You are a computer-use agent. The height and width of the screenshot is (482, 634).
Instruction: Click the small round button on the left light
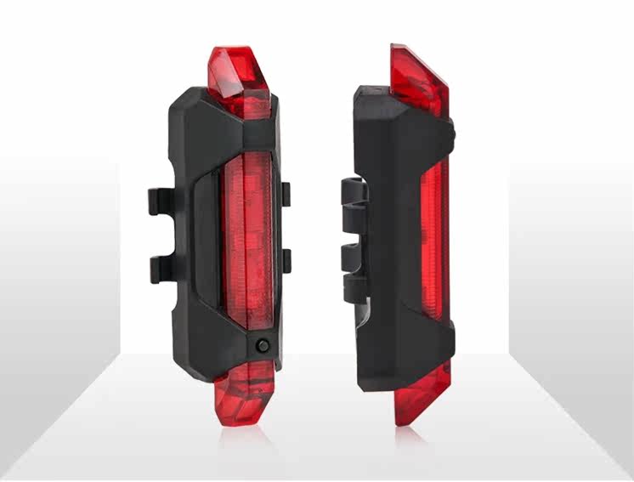261,346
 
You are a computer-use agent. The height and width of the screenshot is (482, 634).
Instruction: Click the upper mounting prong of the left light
165,201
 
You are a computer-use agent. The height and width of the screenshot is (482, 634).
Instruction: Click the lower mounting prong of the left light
165,268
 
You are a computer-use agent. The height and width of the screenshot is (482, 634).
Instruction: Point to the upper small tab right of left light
286,194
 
